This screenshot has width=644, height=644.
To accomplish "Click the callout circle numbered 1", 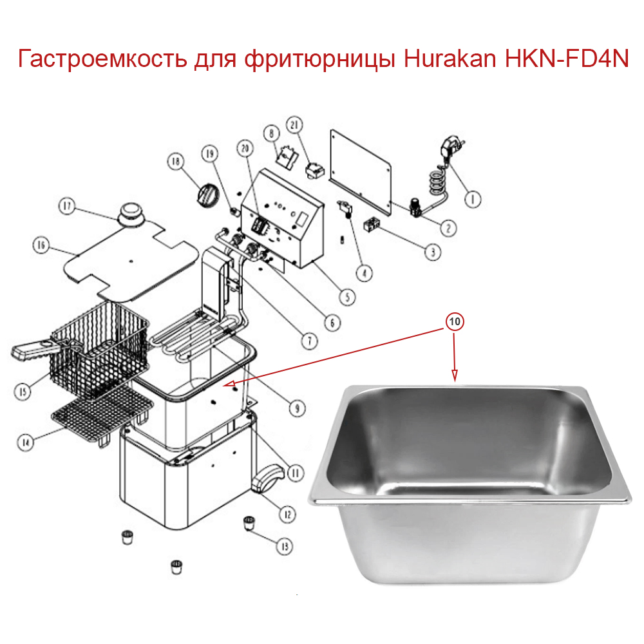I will click(473, 200).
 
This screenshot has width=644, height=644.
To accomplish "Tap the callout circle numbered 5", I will click(347, 297).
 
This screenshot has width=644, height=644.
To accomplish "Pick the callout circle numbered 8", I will click(272, 133).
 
